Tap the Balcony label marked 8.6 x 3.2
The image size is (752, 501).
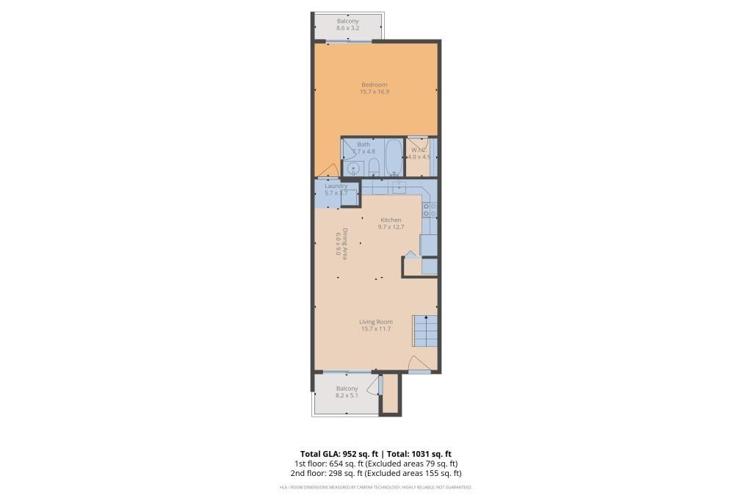[348, 24]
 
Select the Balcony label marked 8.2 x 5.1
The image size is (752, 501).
[347, 392]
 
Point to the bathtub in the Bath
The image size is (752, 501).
[394, 156]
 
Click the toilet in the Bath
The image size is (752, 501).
[372, 166]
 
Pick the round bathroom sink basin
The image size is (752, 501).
[353, 168]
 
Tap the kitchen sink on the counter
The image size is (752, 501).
[398, 187]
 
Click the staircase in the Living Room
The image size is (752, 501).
[425, 331]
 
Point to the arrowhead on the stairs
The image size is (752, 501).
[425, 317]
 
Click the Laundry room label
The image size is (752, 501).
[336, 186]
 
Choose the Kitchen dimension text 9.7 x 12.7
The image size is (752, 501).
[391, 227]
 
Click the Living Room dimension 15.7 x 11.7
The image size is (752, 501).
[375, 329]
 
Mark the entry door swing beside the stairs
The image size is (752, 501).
[418, 364]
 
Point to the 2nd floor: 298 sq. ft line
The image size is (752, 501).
[375, 473]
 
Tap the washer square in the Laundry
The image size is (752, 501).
[350, 198]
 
